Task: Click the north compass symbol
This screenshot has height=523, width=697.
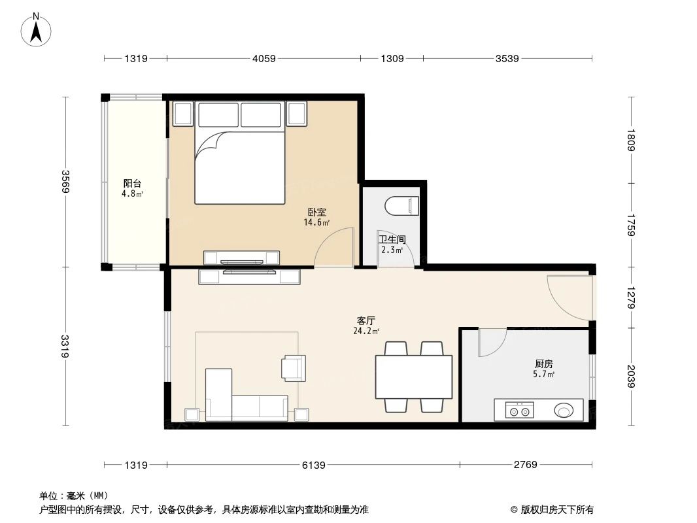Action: (37, 29)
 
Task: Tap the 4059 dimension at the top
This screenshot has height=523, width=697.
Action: (263, 59)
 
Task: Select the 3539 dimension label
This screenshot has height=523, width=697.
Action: (507, 59)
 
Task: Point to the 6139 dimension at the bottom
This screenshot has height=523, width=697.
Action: (313, 465)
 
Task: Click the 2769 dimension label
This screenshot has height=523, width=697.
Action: (525, 465)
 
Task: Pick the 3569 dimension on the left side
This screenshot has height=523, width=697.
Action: (65, 181)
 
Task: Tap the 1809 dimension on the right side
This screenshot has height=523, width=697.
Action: (630, 141)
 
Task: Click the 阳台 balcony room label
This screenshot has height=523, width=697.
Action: (132, 184)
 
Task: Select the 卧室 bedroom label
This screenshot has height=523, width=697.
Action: (317, 212)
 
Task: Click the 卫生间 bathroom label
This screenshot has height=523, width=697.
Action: (392, 239)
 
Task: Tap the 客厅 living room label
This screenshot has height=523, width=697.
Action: (366, 321)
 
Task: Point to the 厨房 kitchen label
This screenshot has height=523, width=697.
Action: (544, 364)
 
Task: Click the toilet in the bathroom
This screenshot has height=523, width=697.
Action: (402, 206)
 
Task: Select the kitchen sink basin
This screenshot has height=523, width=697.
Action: (564, 411)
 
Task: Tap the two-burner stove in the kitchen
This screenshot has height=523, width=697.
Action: (519, 411)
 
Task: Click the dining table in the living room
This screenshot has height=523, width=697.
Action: (413, 377)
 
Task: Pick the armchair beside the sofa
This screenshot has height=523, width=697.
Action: (293, 367)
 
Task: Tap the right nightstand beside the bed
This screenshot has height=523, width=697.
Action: (296, 114)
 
